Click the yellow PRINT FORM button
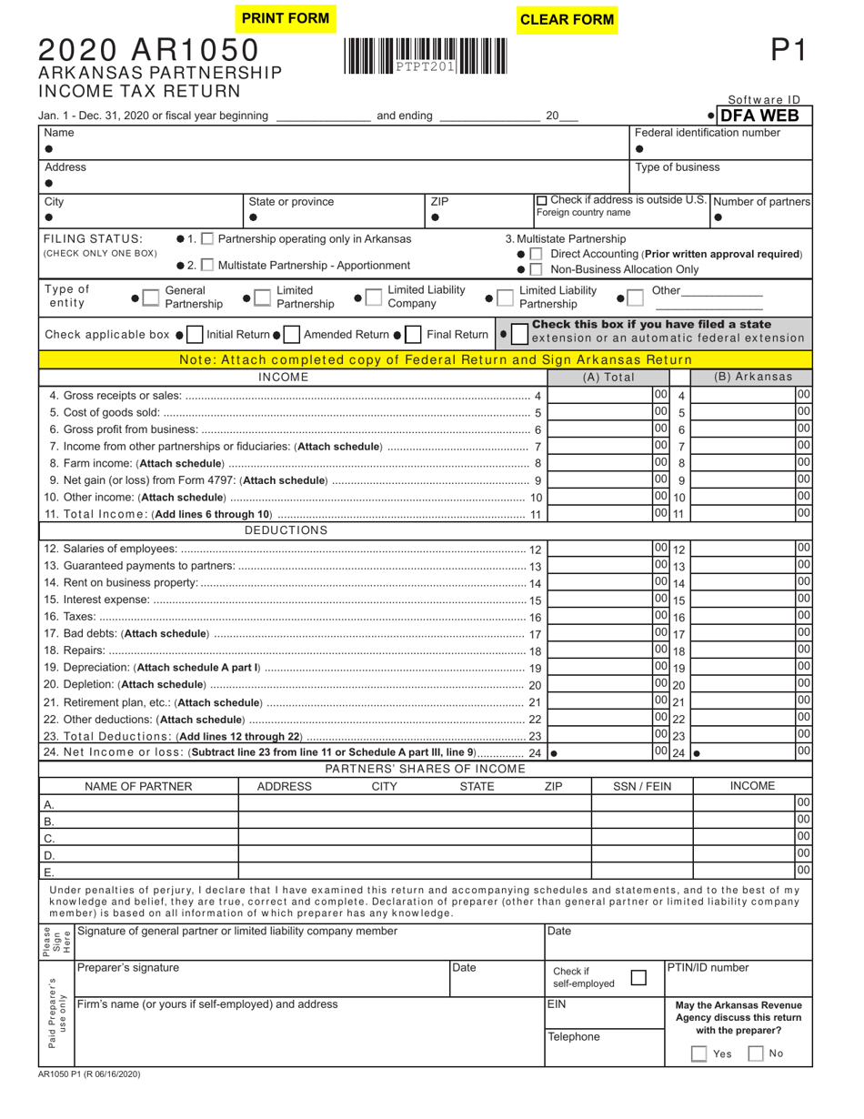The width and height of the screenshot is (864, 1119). (285, 18)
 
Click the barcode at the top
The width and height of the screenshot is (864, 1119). (426, 55)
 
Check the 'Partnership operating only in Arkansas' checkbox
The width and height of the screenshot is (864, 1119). (207, 239)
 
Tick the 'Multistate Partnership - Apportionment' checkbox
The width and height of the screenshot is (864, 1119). (207, 266)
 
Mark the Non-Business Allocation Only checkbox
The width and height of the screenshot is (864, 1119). (537, 269)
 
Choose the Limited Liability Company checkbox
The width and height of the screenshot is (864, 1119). (372, 296)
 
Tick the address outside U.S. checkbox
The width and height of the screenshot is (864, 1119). (542, 200)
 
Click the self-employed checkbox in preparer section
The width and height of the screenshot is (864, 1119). (638, 978)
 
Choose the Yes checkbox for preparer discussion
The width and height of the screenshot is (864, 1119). (698, 1053)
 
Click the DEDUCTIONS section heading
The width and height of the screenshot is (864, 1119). (286, 530)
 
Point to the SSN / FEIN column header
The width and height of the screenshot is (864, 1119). (641, 786)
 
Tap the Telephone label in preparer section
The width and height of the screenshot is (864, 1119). (573, 1037)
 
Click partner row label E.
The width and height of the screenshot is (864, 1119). (48, 872)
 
